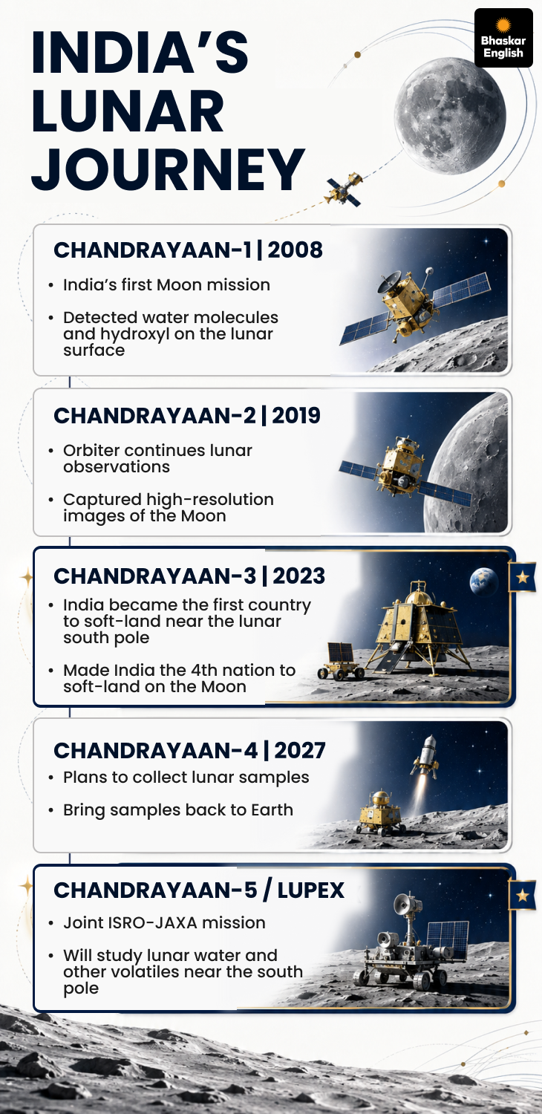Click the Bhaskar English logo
point(503,38)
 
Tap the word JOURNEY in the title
point(168,170)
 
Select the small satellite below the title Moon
point(344,189)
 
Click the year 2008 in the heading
point(296,250)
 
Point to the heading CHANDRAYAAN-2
point(154,416)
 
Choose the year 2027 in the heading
point(300,750)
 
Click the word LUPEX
point(311,890)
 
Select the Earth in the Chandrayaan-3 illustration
point(484,582)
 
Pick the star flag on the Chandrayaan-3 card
point(522,577)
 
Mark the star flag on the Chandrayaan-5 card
point(522,896)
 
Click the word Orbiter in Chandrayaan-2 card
point(91,451)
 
